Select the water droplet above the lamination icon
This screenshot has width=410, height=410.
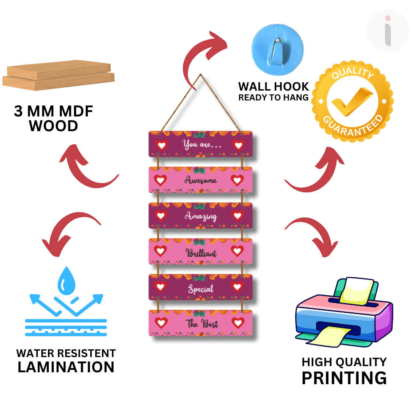[x=66, y=280]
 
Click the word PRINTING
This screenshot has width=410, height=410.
[x=344, y=378]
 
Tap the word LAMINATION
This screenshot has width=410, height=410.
[x=66, y=367]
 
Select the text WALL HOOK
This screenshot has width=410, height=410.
[x=273, y=87]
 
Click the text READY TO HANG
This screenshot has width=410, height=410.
[x=273, y=98]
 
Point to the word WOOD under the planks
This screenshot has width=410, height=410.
[x=54, y=126]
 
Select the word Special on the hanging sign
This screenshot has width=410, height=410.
[x=200, y=289]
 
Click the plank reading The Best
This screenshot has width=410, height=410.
[x=200, y=323]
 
